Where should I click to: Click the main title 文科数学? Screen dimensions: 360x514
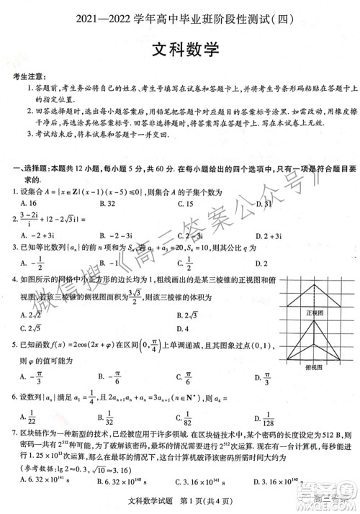click(181, 51)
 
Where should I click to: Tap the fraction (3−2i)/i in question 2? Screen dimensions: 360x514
click(30, 219)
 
